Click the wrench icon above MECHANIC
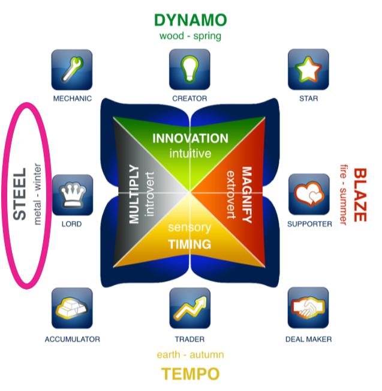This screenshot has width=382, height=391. click(72, 70)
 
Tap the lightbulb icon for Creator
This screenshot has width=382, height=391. click(190, 70)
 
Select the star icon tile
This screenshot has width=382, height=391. click(308, 70)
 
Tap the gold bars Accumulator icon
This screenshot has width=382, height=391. click(72, 308)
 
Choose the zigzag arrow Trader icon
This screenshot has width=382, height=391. click(190, 308)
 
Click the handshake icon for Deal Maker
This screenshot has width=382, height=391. click(308, 308)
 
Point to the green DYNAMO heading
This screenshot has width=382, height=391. click(190, 20)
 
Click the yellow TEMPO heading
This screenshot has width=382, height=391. click(190, 374)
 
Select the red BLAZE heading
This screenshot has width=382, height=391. click(359, 195)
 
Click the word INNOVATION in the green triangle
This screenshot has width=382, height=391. click(190, 139)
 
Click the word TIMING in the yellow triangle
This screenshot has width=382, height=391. click(190, 244)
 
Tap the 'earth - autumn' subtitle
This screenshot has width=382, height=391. click(190, 355)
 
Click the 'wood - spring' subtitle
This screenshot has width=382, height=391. click(190, 36)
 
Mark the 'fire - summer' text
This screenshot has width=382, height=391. click(344, 195)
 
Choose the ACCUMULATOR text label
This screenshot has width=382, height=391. click(72, 339)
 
